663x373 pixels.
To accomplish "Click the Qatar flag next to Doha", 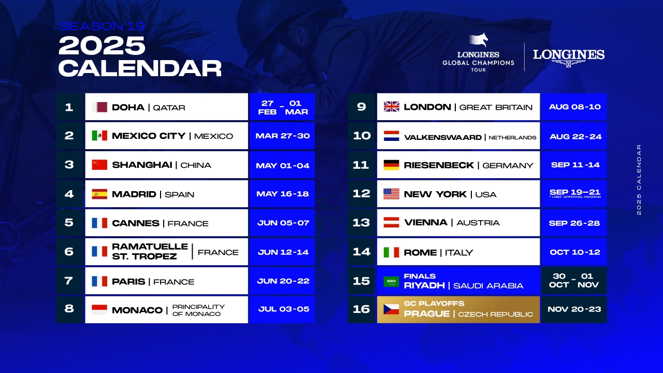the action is click(x=99, y=107).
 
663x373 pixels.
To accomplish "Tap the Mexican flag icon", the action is click(x=99, y=136).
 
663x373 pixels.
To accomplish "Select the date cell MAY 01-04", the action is click(x=282, y=165).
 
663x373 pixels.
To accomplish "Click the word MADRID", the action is click(x=134, y=194).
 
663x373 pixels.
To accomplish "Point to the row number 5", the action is click(x=69, y=223).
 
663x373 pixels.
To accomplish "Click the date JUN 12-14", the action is click(x=283, y=252).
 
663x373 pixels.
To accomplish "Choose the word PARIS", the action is click(x=128, y=281).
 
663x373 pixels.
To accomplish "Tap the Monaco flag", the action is click(x=99, y=310).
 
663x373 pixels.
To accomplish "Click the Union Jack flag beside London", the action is click(x=391, y=107).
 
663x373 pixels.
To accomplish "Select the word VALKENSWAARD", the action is click(x=443, y=137).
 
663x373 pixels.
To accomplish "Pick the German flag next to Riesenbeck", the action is click(x=391, y=165).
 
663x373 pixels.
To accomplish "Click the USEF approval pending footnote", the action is click(x=575, y=197).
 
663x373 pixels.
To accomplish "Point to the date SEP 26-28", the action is click(x=574, y=223).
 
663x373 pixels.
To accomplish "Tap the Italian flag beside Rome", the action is click(x=391, y=252).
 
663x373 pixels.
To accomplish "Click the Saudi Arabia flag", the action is click(x=391, y=281).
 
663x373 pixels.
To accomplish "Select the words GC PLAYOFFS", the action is click(x=434, y=304).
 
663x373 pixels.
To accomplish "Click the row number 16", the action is click(x=362, y=309).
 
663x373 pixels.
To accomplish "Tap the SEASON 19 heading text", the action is click(x=102, y=26).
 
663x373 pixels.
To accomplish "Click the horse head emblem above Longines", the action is click(x=479, y=40).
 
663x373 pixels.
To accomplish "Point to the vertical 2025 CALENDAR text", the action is click(x=639, y=180).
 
